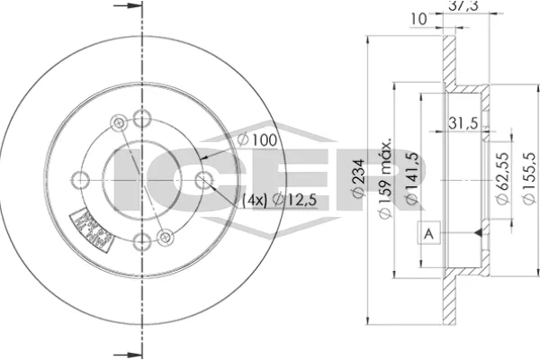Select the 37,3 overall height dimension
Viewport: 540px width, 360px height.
(461, 7)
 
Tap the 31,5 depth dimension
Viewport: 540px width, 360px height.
(461, 125)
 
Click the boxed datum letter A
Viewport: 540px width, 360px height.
(429, 234)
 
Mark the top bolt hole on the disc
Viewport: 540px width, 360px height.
(140, 116)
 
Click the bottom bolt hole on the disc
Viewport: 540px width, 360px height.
(140, 241)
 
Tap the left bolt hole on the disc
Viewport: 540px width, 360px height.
(78, 178)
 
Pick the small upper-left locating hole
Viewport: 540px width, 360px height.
(116, 123)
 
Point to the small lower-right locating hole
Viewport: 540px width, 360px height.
(165, 236)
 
